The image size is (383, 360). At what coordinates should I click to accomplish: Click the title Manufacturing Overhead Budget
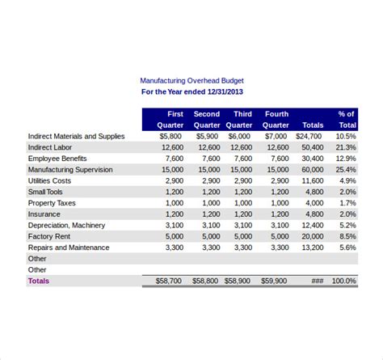point(191,81)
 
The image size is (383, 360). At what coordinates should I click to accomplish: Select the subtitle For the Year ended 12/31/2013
point(191,92)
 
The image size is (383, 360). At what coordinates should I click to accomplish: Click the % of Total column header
point(346,120)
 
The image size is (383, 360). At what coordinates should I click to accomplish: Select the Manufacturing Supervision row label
point(70,170)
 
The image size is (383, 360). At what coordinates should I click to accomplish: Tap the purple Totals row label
point(39,281)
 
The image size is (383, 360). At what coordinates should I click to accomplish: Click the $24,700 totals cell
point(309,137)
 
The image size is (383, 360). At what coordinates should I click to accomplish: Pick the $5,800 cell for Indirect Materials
point(170,137)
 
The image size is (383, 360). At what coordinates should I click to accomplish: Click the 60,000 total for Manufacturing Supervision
point(312,170)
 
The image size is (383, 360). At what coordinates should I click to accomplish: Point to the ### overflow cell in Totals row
point(317,281)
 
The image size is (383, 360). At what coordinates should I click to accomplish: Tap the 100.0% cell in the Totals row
point(343,281)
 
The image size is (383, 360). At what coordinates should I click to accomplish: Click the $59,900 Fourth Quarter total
point(273,281)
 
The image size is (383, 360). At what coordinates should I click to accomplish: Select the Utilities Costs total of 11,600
point(312,181)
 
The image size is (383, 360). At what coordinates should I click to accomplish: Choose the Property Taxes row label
point(53,203)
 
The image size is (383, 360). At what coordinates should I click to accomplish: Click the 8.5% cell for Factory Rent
point(347,236)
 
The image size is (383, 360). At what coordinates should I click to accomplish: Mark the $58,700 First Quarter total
point(169,281)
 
